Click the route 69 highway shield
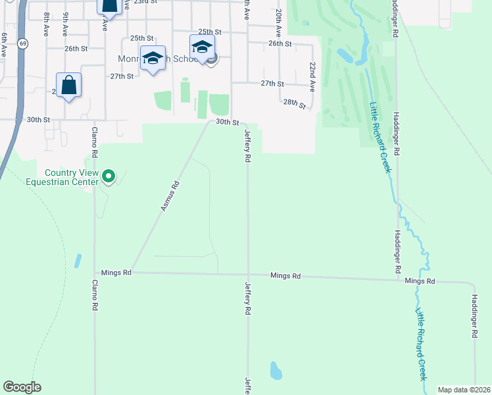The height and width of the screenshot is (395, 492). (23, 43)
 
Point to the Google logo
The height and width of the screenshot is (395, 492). (22, 387)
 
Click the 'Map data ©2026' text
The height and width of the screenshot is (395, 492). (464, 390)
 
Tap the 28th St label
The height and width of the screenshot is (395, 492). (295, 104)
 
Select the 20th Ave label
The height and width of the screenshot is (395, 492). (279, 22)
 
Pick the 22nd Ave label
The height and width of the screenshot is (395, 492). (312, 77)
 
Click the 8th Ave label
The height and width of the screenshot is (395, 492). (46, 24)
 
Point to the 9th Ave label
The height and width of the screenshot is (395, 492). (66, 25)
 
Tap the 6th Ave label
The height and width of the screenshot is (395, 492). (4, 43)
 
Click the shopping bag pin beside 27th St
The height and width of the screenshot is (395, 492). (69, 86)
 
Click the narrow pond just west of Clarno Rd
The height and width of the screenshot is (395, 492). (78, 261)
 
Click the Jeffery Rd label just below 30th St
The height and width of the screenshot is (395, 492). (248, 146)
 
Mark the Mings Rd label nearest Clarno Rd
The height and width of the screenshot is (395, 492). (116, 273)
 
